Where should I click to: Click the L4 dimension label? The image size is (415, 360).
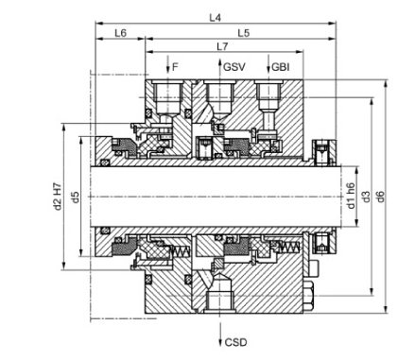[x=216, y=18]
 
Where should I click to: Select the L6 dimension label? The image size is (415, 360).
[x=120, y=33]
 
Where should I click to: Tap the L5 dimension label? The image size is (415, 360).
[x=244, y=33]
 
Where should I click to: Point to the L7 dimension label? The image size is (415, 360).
[x=222, y=46]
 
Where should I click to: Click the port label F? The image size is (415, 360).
[x=176, y=67]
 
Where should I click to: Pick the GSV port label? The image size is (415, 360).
[x=234, y=67]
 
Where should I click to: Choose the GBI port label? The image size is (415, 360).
[x=280, y=67]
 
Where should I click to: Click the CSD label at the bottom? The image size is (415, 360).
[x=236, y=342]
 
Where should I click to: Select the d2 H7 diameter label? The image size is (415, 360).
[x=57, y=196]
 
